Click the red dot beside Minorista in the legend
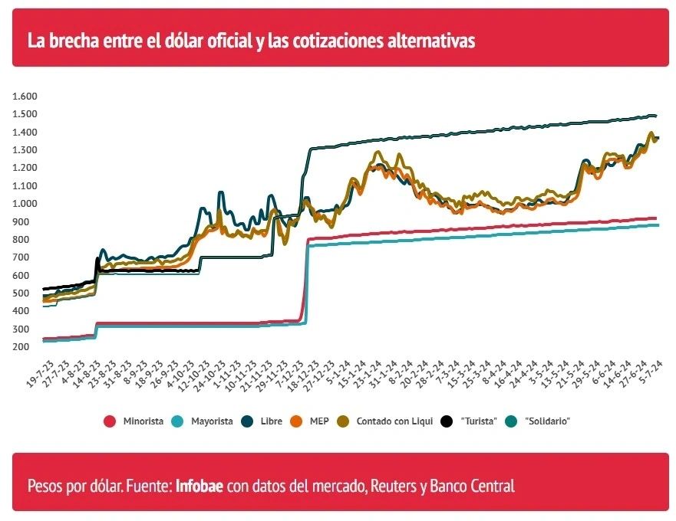click(110, 421)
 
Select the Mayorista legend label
click(212, 421)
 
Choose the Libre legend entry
click(271, 421)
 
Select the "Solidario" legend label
click(548, 421)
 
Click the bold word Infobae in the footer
click(200, 486)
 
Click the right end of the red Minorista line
click(657, 218)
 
